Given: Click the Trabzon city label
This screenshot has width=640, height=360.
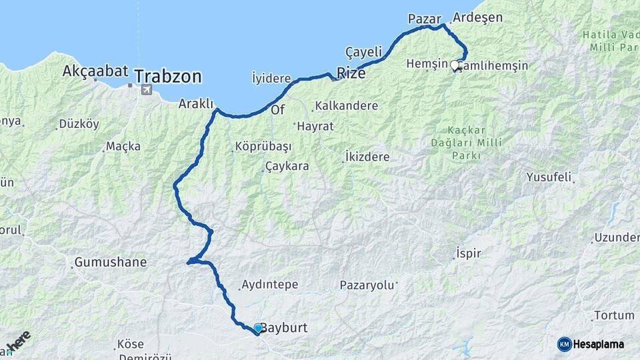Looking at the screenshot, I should coord(167,77).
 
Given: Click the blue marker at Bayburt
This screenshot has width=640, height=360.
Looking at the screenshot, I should coord(258,328).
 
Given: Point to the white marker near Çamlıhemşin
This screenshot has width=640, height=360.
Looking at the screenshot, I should coord(455,65).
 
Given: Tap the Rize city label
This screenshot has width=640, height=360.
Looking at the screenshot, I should coord(351,73).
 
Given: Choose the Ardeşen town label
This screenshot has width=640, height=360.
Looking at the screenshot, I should coord(477,17).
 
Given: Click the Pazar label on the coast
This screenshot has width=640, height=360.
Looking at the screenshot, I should coord(425,19).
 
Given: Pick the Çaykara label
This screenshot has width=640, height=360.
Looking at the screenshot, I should coord(287,166).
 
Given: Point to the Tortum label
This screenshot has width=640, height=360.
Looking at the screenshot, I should coord(613,315).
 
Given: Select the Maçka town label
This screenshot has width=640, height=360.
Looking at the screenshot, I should coord(124,146).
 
